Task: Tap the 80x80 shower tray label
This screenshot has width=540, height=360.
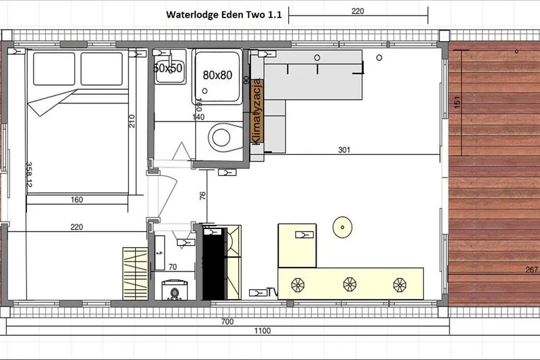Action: [217, 75]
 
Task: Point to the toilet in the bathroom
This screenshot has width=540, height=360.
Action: [221, 138]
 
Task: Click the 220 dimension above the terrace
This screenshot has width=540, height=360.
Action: [358, 11]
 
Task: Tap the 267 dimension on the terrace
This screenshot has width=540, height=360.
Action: [531, 269]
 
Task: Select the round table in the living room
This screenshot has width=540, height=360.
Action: [343, 228]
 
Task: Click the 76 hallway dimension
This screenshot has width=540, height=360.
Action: [202, 197]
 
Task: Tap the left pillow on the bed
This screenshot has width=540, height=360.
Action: [53, 66]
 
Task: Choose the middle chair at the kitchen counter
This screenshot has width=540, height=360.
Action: [350, 284]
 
